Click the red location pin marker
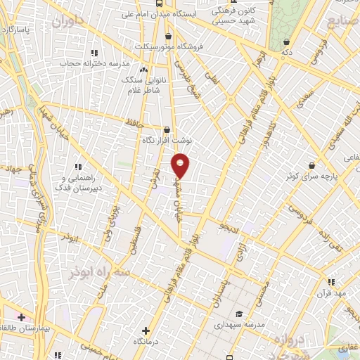pyautogui.click(x=181, y=165)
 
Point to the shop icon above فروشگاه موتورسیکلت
pyautogui.click(x=167, y=35)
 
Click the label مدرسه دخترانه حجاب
pyautogui.click(x=101, y=63)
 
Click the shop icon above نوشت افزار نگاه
pyautogui.click(x=167, y=129)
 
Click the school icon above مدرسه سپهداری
pyautogui.click(x=239, y=314)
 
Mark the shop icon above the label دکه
pyautogui.click(x=285, y=41)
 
